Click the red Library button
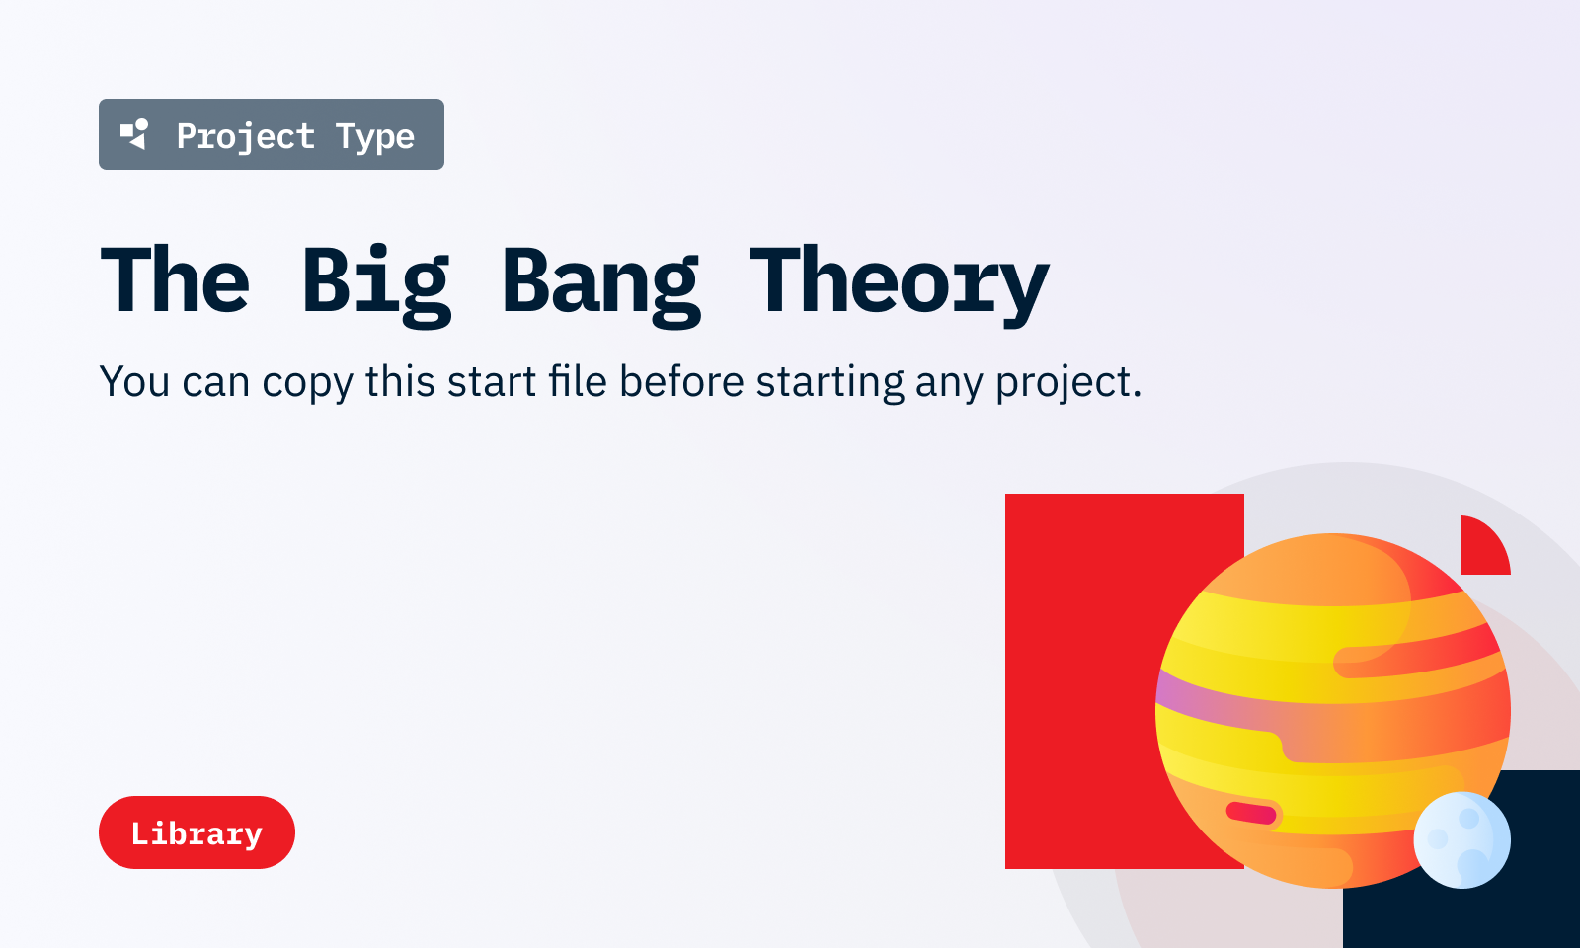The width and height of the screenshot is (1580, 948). point(197,832)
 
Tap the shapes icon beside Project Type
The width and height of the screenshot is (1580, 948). point(134,134)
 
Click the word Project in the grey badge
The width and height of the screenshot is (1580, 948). point(246,136)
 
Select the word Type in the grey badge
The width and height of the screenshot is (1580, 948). point(375,136)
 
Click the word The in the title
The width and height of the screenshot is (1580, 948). point(175,278)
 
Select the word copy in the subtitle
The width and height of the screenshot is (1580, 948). point(307,383)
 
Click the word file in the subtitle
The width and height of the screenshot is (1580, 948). point(578,381)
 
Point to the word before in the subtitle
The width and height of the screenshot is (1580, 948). point(681,381)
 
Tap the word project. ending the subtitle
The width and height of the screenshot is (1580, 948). point(1068,383)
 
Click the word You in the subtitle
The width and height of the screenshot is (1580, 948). point(134,381)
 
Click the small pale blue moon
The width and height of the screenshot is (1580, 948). point(1461,839)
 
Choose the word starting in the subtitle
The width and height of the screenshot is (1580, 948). point(830,383)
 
